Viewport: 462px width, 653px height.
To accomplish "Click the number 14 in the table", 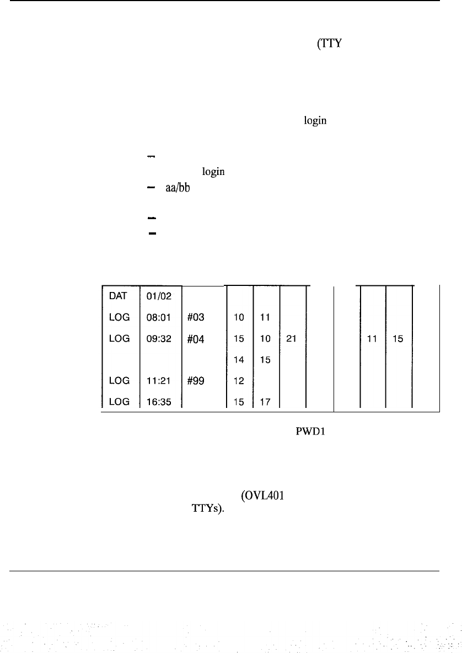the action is coord(239,360).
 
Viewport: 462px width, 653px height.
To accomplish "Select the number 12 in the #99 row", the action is coord(239,381).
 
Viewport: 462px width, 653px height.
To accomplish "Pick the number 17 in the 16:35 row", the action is coord(266,402).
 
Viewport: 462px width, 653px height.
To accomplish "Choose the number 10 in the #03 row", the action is coord(239,317).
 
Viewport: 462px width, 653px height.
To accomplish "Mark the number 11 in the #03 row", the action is coord(266,317).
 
